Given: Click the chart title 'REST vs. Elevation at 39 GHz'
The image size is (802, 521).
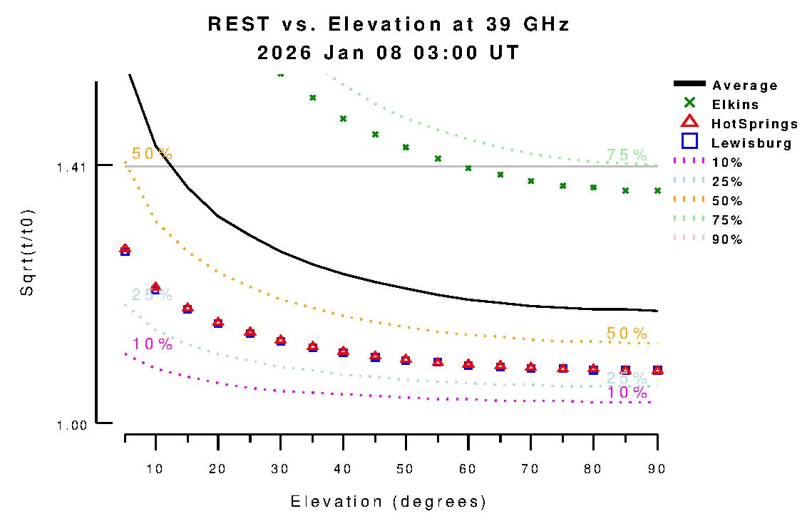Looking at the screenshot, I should (389, 25).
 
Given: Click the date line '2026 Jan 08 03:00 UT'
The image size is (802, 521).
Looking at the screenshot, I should (389, 53).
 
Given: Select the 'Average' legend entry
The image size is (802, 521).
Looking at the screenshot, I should (745, 86).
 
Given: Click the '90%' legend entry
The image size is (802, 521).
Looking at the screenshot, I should (727, 239).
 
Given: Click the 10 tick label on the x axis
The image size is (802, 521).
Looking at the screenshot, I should (155, 468).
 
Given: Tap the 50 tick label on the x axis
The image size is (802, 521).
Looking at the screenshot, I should (406, 468).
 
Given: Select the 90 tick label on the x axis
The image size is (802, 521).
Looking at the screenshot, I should (657, 468).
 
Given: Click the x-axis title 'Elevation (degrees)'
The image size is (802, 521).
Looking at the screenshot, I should (389, 502).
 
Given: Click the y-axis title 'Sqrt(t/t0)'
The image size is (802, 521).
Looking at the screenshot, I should (26, 253).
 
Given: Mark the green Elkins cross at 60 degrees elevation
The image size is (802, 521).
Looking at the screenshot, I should (468, 168).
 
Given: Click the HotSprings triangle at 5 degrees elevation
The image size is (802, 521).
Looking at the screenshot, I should (125, 249).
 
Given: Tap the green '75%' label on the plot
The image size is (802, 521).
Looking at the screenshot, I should (627, 155).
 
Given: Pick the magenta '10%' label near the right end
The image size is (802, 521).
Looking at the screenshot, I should (627, 393).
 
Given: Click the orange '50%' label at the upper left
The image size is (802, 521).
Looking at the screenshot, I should (152, 154).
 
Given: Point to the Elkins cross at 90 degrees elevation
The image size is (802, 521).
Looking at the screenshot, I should (657, 191).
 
